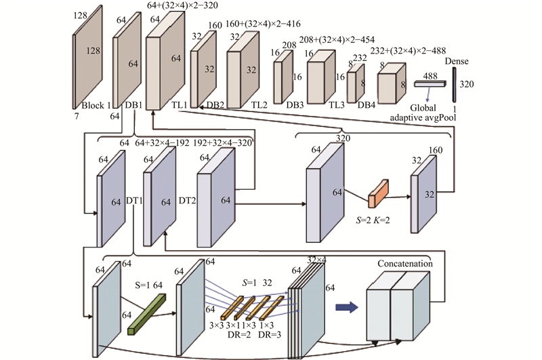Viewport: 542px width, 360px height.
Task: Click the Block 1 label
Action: click(95, 105)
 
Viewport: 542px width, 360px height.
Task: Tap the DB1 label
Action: click(134, 105)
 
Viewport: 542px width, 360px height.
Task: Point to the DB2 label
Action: click(216, 105)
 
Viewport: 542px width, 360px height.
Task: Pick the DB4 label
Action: click(367, 105)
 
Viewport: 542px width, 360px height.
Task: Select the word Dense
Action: click(457, 62)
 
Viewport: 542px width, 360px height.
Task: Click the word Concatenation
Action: click(405, 262)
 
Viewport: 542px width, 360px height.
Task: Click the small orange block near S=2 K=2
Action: click(377, 195)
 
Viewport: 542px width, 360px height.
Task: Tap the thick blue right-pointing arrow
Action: click(346, 308)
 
